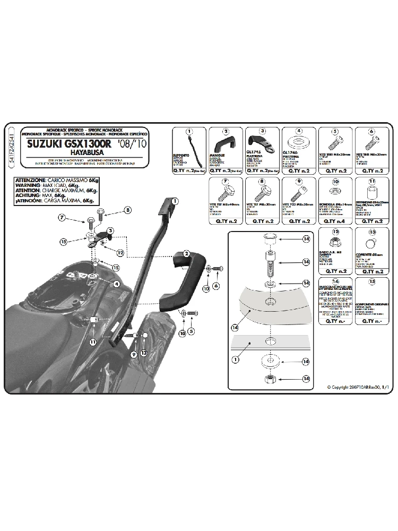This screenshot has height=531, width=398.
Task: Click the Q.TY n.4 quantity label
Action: [x=335, y=221]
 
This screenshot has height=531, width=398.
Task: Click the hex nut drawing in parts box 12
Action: [x=336, y=245]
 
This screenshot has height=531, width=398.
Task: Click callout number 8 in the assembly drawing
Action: [x=127, y=210]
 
